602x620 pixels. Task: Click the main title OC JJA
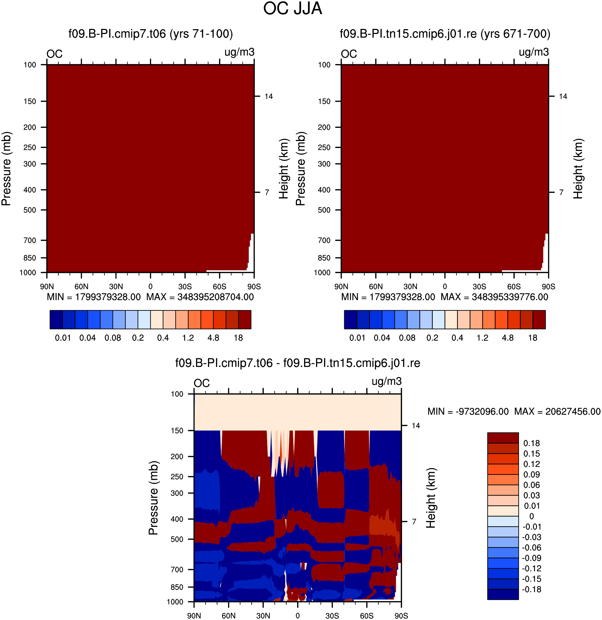click(293, 9)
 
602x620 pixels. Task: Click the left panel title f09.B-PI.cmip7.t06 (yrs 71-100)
click(151, 34)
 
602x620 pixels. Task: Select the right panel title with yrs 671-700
click(445, 34)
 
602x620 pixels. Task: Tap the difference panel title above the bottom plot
click(297, 363)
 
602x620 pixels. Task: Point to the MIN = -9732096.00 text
click(468, 412)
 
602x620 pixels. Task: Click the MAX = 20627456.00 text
click(557, 412)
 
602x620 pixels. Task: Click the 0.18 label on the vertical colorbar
click(531, 443)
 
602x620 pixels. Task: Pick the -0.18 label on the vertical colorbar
click(531, 589)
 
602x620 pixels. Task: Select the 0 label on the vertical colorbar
click(531, 516)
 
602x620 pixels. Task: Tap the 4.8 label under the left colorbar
click(213, 338)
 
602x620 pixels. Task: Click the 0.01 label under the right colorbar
click(357, 338)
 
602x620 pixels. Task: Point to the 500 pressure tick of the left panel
click(30, 210)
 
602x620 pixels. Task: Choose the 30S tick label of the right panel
click(479, 287)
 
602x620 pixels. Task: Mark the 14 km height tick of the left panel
click(269, 96)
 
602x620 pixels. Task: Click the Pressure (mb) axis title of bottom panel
click(153, 498)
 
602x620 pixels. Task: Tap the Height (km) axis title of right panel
click(578, 169)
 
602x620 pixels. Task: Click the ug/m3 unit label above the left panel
click(239, 52)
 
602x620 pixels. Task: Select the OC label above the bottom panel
click(202, 383)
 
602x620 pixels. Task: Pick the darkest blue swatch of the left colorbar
click(56, 319)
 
